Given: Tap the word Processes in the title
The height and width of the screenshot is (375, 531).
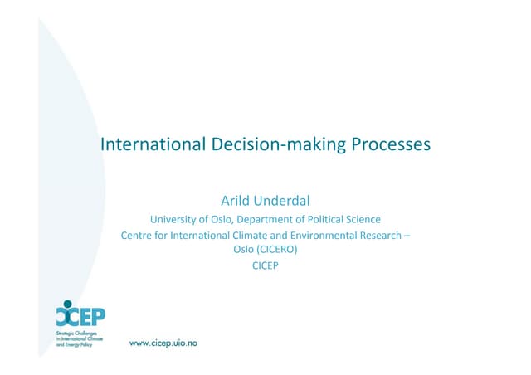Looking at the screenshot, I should pos(387,144).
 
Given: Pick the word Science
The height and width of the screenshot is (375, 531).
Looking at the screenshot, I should pos(365,220).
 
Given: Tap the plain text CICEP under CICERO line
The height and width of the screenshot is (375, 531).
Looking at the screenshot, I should pos(265,265).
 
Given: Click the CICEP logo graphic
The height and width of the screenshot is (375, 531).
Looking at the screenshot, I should pos(80,316).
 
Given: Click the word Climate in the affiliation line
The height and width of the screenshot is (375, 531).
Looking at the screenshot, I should pos(246,236).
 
